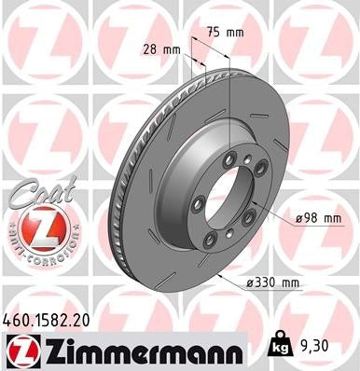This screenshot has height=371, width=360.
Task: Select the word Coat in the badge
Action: (x=35, y=194)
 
